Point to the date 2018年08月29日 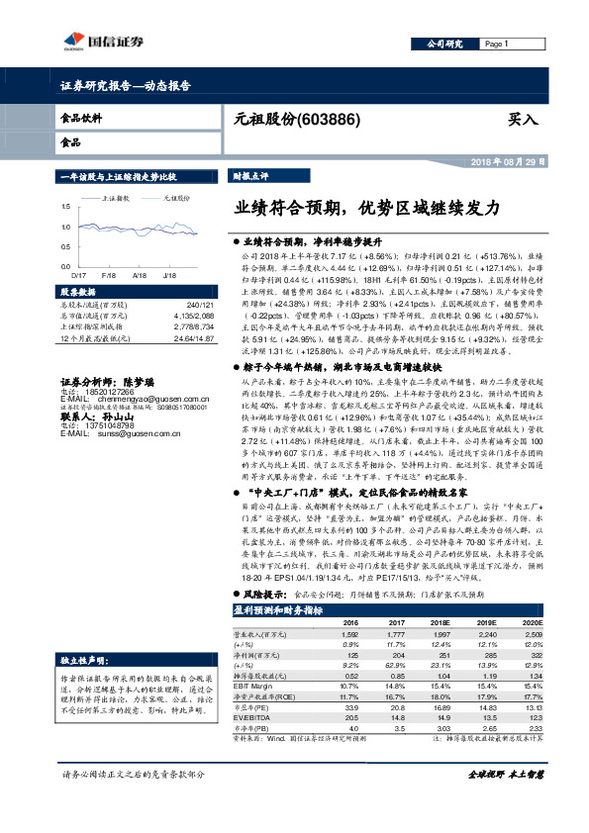505,159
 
